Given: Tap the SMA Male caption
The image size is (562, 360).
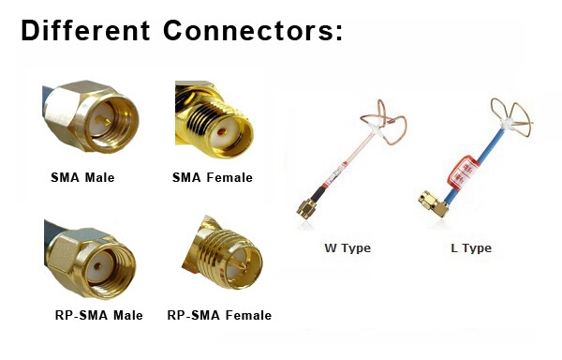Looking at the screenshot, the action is point(82,177).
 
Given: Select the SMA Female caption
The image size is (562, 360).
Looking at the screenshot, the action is point(213,177).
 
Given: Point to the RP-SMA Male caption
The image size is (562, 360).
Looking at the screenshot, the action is point(99,315).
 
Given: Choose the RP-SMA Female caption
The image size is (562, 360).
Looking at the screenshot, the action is point(219,315).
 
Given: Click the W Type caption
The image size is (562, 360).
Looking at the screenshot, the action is point(348,248).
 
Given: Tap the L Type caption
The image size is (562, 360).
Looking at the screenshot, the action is point(470,248).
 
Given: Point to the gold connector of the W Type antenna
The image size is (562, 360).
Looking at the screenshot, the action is point(306,206).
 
